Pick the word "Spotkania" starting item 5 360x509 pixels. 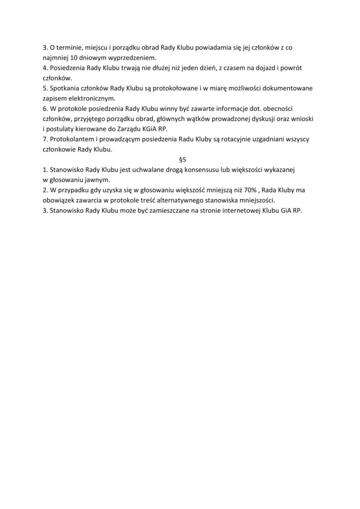tap(67, 88)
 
